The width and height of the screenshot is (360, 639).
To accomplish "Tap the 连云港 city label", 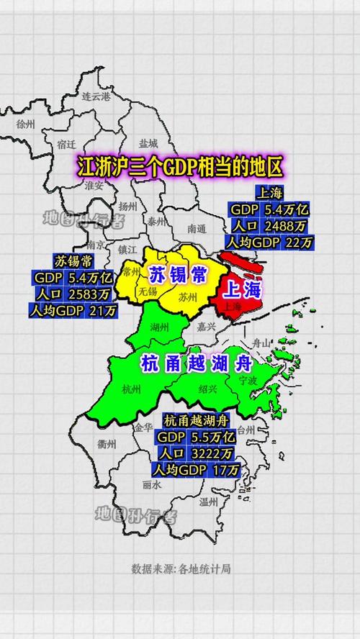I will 96,96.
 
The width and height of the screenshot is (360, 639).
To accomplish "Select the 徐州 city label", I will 25,124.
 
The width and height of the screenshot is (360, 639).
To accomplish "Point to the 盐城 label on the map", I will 148,143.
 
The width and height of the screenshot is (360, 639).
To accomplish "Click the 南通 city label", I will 196,229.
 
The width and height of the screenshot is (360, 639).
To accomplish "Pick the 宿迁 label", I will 66,144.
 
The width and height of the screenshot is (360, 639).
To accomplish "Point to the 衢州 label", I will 107,444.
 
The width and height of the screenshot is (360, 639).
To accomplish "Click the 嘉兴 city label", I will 207,325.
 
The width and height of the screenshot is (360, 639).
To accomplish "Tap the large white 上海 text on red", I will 242,289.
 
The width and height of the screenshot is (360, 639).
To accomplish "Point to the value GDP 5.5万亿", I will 196,437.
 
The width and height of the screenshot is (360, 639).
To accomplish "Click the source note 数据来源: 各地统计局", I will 181,568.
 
